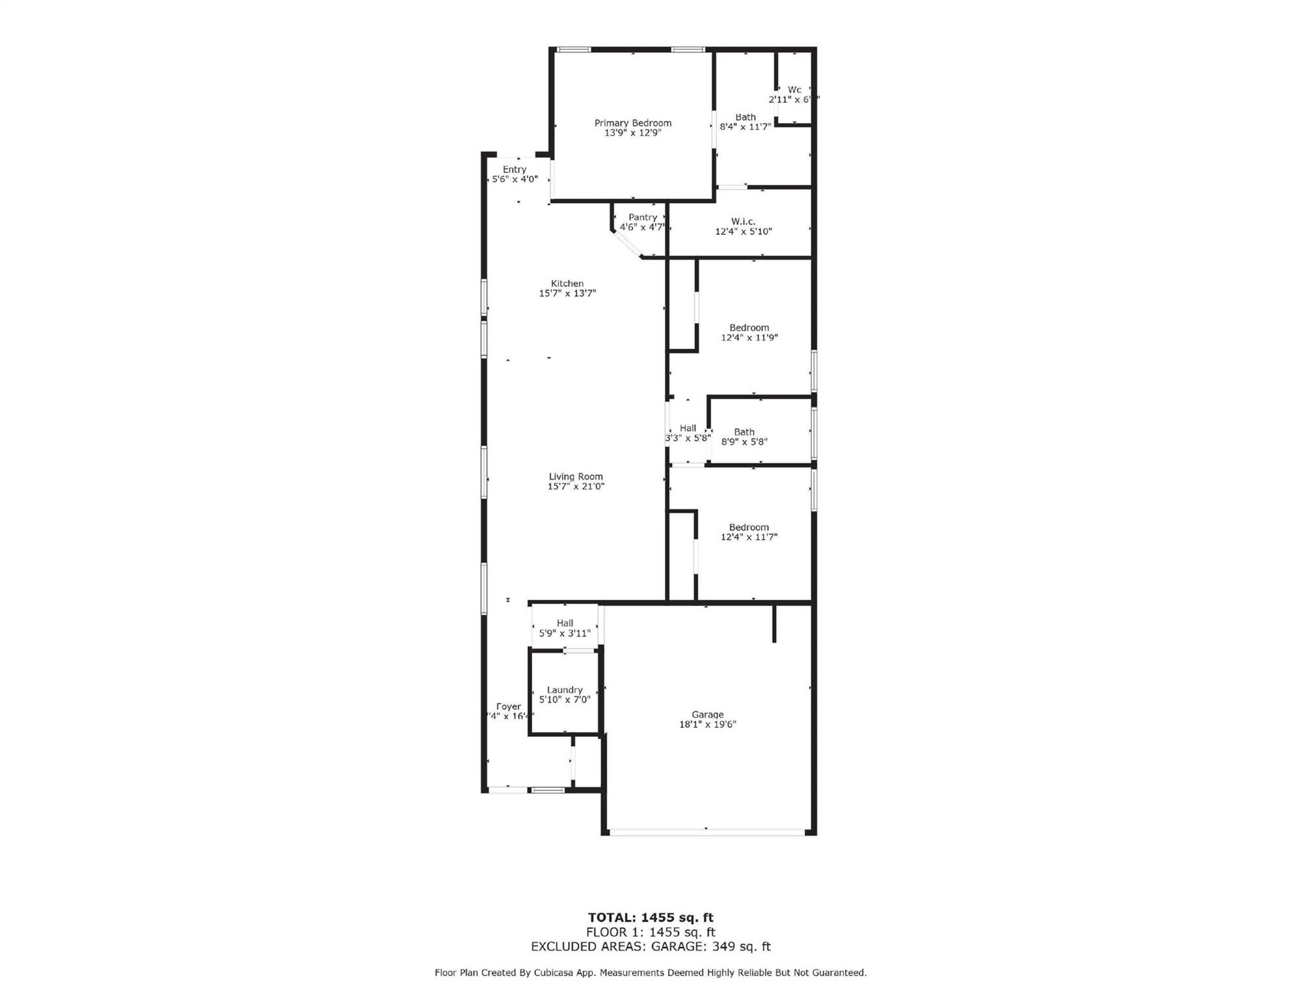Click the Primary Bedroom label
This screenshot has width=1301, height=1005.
(x=632, y=123)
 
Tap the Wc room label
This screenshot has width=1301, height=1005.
(x=794, y=90)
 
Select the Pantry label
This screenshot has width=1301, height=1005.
(x=642, y=217)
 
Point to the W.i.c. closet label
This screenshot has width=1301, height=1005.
(x=743, y=222)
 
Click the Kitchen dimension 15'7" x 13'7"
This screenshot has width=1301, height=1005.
(x=567, y=294)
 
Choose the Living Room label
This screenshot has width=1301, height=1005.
(x=575, y=477)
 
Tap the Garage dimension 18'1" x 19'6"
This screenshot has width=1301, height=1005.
(x=707, y=724)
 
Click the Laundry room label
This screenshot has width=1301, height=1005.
(x=564, y=690)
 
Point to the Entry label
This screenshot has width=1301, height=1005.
(x=514, y=169)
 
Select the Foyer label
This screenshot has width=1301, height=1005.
(x=508, y=707)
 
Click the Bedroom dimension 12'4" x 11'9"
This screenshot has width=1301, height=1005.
(x=749, y=338)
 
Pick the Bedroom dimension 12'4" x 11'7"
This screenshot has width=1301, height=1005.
(x=749, y=537)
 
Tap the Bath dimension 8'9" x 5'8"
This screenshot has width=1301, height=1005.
(x=744, y=442)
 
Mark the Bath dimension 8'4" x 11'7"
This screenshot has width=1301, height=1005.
(x=745, y=127)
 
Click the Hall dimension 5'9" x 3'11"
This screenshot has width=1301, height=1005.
(x=564, y=633)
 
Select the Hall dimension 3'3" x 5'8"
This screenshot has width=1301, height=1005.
(x=687, y=438)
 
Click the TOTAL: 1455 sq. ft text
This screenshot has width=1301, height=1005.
(x=650, y=917)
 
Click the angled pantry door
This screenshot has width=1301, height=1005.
(x=628, y=244)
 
